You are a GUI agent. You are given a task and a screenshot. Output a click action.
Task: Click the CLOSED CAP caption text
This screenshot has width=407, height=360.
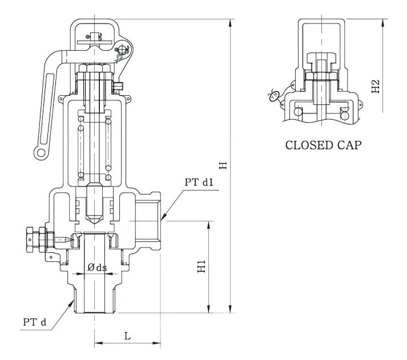pyautogui.click(x=323, y=145)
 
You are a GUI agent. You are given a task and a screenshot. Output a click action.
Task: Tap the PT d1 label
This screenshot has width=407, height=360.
pyautogui.click(x=199, y=183)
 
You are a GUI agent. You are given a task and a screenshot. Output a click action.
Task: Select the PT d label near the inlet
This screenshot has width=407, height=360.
pyautogui.click(x=35, y=322)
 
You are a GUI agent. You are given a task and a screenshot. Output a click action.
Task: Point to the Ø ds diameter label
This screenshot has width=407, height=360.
pyautogui.click(x=97, y=267)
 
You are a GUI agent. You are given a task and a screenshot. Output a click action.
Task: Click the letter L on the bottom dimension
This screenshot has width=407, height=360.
pyautogui.click(x=127, y=336)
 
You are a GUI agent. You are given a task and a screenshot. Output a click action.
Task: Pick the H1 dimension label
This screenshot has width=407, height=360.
pyautogui.click(x=202, y=266)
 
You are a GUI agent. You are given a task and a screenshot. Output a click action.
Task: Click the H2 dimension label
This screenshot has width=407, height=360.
pyautogui.click(x=376, y=86)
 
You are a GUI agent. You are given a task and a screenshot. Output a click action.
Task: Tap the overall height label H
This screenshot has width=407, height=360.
pyautogui.click(x=223, y=165)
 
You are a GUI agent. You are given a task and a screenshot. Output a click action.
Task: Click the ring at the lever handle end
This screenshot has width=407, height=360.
pyautogui.click(x=41, y=152)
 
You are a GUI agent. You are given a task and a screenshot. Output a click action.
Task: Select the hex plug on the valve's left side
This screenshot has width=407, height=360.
pyautogui.click(x=33, y=239)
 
